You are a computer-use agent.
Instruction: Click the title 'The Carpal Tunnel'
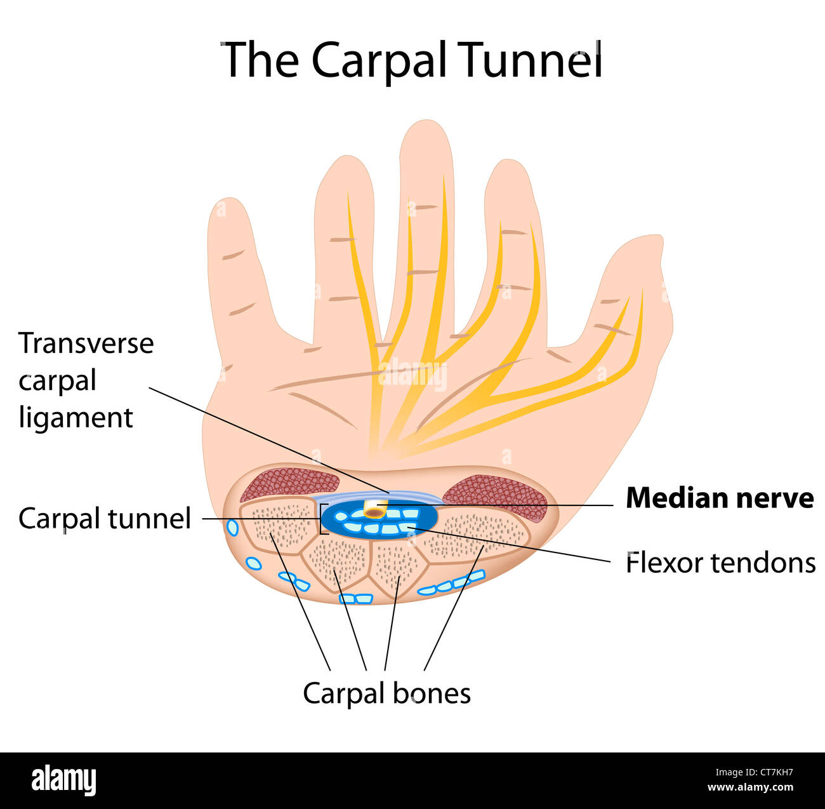point(411,60)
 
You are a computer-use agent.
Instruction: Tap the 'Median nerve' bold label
point(719,498)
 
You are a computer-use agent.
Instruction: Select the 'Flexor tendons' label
point(720,563)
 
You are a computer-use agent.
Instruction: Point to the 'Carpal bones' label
point(386,693)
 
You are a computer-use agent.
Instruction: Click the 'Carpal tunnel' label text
point(104,519)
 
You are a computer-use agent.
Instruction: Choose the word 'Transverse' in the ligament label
point(86,344)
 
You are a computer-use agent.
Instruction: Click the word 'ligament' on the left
point(76,418)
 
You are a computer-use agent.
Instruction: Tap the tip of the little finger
point(225,207)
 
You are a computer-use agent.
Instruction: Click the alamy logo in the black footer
point(63,780)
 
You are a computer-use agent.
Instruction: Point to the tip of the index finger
point(508,168)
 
